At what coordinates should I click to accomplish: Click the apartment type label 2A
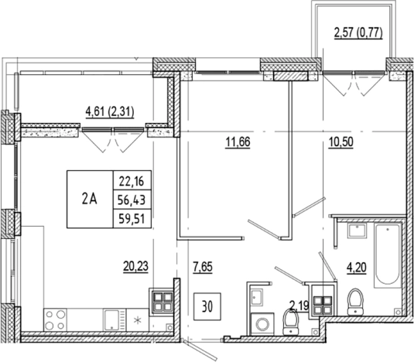(89, 198)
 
